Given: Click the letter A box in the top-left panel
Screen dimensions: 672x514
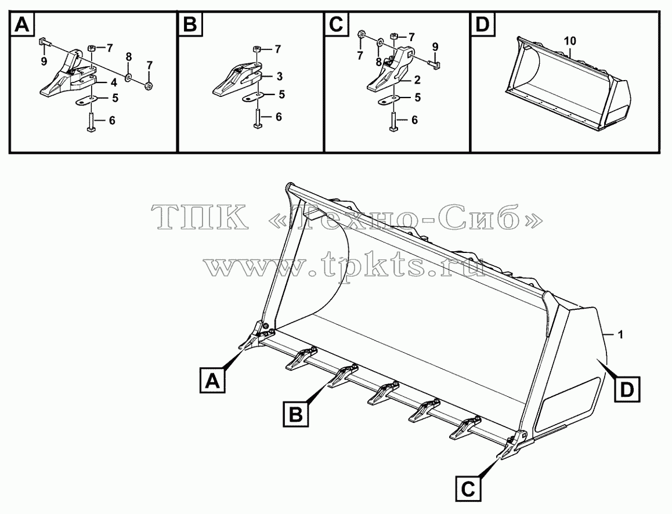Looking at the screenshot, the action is (22, 25).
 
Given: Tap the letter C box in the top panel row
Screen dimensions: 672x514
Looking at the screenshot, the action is (337, 25).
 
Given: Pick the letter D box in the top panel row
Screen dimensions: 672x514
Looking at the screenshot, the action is (483, 25).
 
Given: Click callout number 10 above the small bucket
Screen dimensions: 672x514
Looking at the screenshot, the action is (570, 42).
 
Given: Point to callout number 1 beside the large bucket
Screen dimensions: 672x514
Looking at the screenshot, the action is (621, 334).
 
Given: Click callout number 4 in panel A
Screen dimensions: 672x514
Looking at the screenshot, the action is (114, 83).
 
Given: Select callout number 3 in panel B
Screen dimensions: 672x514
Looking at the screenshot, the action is (280, 77).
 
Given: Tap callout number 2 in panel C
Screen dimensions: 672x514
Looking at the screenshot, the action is (417, 79).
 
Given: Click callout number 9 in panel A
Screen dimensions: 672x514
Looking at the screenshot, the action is (44, 61).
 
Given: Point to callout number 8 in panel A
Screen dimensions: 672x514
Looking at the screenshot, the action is (129, 56).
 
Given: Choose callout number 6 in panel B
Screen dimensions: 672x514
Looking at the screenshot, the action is (279, 117).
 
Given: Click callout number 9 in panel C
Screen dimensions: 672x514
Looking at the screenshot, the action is (435, 46).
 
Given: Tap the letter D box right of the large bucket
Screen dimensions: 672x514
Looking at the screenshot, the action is (627, 389).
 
